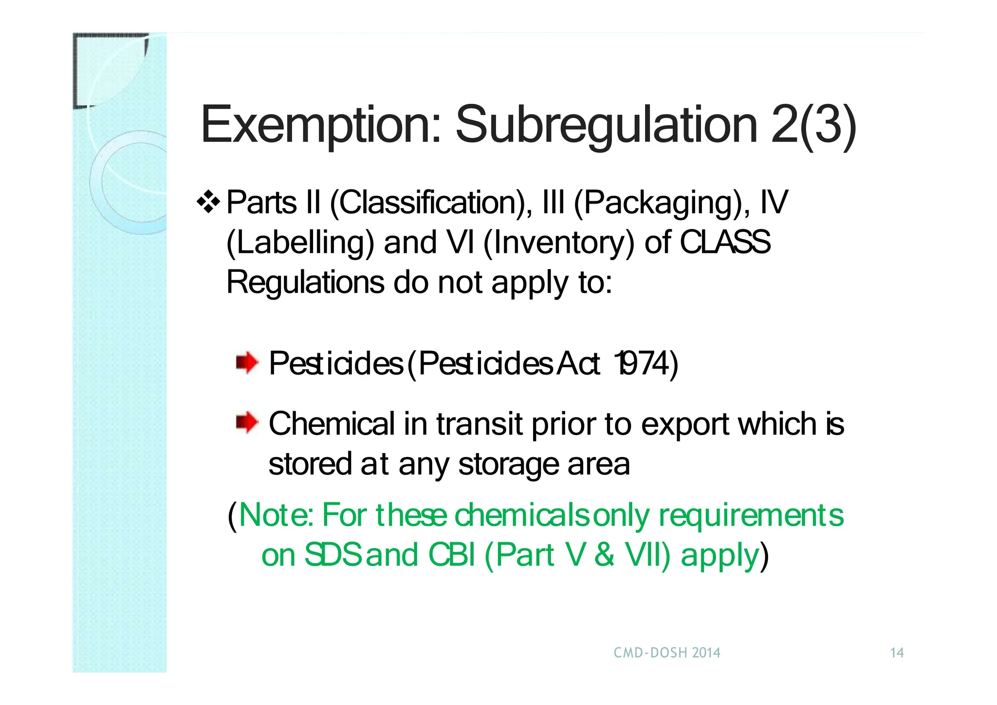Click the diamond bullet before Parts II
point(209,202)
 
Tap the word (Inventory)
point(559,243)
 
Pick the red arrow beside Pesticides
point(247,363)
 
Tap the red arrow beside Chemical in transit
point(247,422)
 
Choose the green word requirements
point(751,515)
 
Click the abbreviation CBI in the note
point(451,554)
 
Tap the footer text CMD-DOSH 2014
point(666,653)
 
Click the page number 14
point(897,653)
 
